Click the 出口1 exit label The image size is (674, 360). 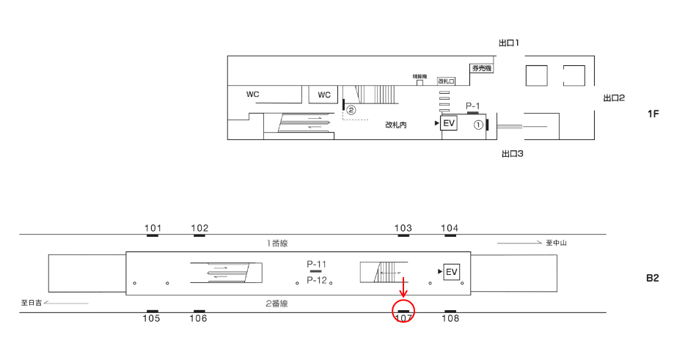509,43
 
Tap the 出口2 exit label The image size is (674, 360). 613,98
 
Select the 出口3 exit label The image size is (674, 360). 512,154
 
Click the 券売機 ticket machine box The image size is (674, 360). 481,69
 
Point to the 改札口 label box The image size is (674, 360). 446,81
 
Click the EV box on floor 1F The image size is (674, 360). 449,123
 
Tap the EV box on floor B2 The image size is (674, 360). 452,273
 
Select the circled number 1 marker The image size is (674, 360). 477,125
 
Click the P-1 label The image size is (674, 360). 473,106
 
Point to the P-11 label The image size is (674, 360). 316,264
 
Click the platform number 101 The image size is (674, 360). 153,228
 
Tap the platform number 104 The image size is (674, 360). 450,228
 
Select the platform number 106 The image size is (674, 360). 197,318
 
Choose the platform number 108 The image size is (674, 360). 451,318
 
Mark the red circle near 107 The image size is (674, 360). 403,310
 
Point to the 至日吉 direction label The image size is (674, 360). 32,302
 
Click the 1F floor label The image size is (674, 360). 653,114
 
